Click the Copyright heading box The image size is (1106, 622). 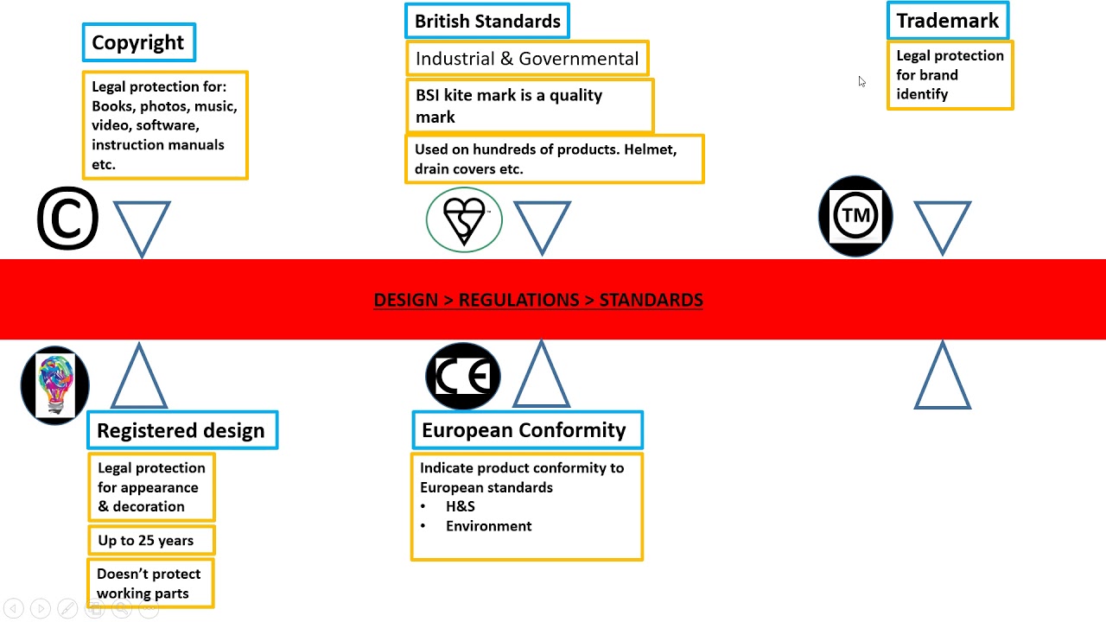(138, 42)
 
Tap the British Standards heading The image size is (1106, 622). (487, 22)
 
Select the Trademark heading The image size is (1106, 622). (947, 21)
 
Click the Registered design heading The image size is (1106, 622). (181, 430)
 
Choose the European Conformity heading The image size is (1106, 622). (524, 430)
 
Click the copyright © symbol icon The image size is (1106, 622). (67, 219)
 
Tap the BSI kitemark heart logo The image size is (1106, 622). (464, 220)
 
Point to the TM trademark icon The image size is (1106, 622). (855, 216)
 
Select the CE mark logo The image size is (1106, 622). (463, 376)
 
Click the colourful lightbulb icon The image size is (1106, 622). (55, 385)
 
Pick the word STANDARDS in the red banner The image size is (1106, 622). (651, 300)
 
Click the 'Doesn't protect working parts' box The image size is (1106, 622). (150, 583)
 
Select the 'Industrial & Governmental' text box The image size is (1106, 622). (527, 59)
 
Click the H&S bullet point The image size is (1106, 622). (460, 506)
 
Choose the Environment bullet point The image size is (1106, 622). (488, 526)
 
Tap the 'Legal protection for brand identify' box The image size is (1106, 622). (950, 75)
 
